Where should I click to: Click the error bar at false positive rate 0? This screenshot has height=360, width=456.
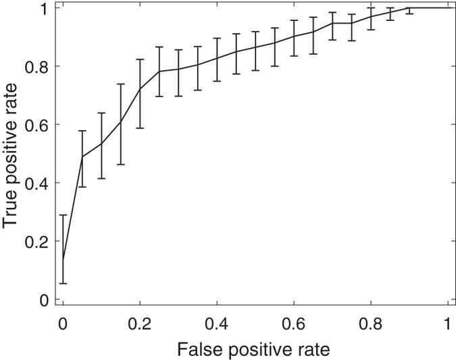(63, 249)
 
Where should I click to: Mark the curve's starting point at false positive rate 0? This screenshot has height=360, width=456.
(63, 259)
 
